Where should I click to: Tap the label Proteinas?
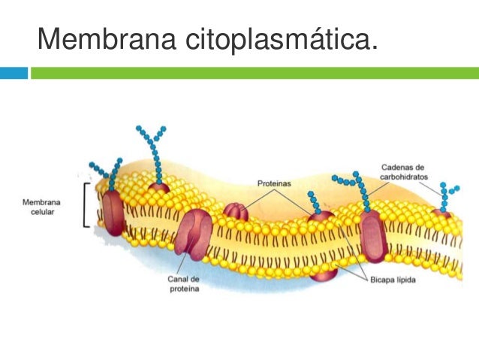pos(274,183)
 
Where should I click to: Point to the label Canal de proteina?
pos(183,286)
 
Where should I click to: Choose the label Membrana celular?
pos(41,207)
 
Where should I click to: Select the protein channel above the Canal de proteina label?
pos(194,234)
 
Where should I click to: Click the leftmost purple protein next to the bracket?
pos(113,211)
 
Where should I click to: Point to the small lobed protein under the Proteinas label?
pos(236,211)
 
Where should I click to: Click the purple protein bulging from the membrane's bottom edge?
pos(324,272)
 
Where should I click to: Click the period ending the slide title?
pos(373,50)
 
